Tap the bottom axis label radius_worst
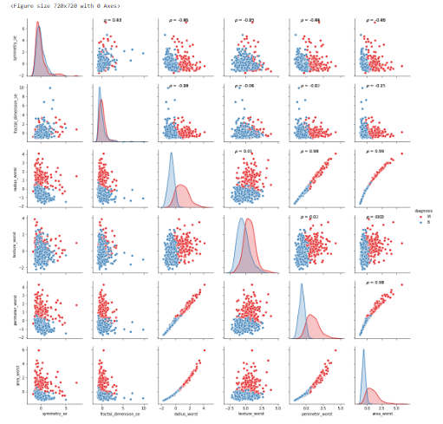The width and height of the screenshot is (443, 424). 183,414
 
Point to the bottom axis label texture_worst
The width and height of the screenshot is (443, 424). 247,414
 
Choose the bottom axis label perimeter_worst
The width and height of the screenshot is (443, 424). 312,414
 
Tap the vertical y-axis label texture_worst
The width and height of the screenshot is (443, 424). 12,242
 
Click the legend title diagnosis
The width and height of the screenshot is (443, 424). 422,209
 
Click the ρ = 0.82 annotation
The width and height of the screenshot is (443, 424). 113,19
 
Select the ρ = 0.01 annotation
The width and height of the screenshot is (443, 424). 245,151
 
